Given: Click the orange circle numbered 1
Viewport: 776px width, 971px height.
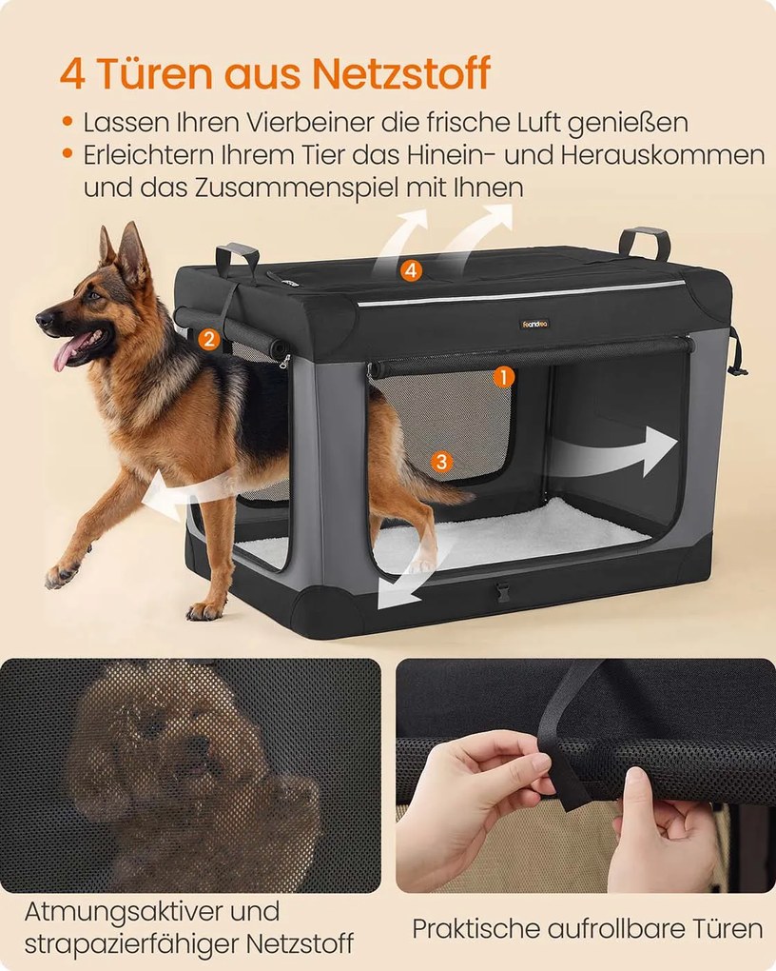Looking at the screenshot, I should [x=503, y=377].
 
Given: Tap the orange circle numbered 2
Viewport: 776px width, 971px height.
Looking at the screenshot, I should [x=209, y=337].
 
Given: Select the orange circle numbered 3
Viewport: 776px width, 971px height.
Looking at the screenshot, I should [x=440, y=462].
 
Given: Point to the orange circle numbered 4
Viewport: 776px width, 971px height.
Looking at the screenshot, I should [x=411, y=270].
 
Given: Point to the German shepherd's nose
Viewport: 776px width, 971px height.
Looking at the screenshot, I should [x=42, y=317].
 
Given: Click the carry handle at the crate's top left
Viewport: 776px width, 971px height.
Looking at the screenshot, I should [x=236, y=258].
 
